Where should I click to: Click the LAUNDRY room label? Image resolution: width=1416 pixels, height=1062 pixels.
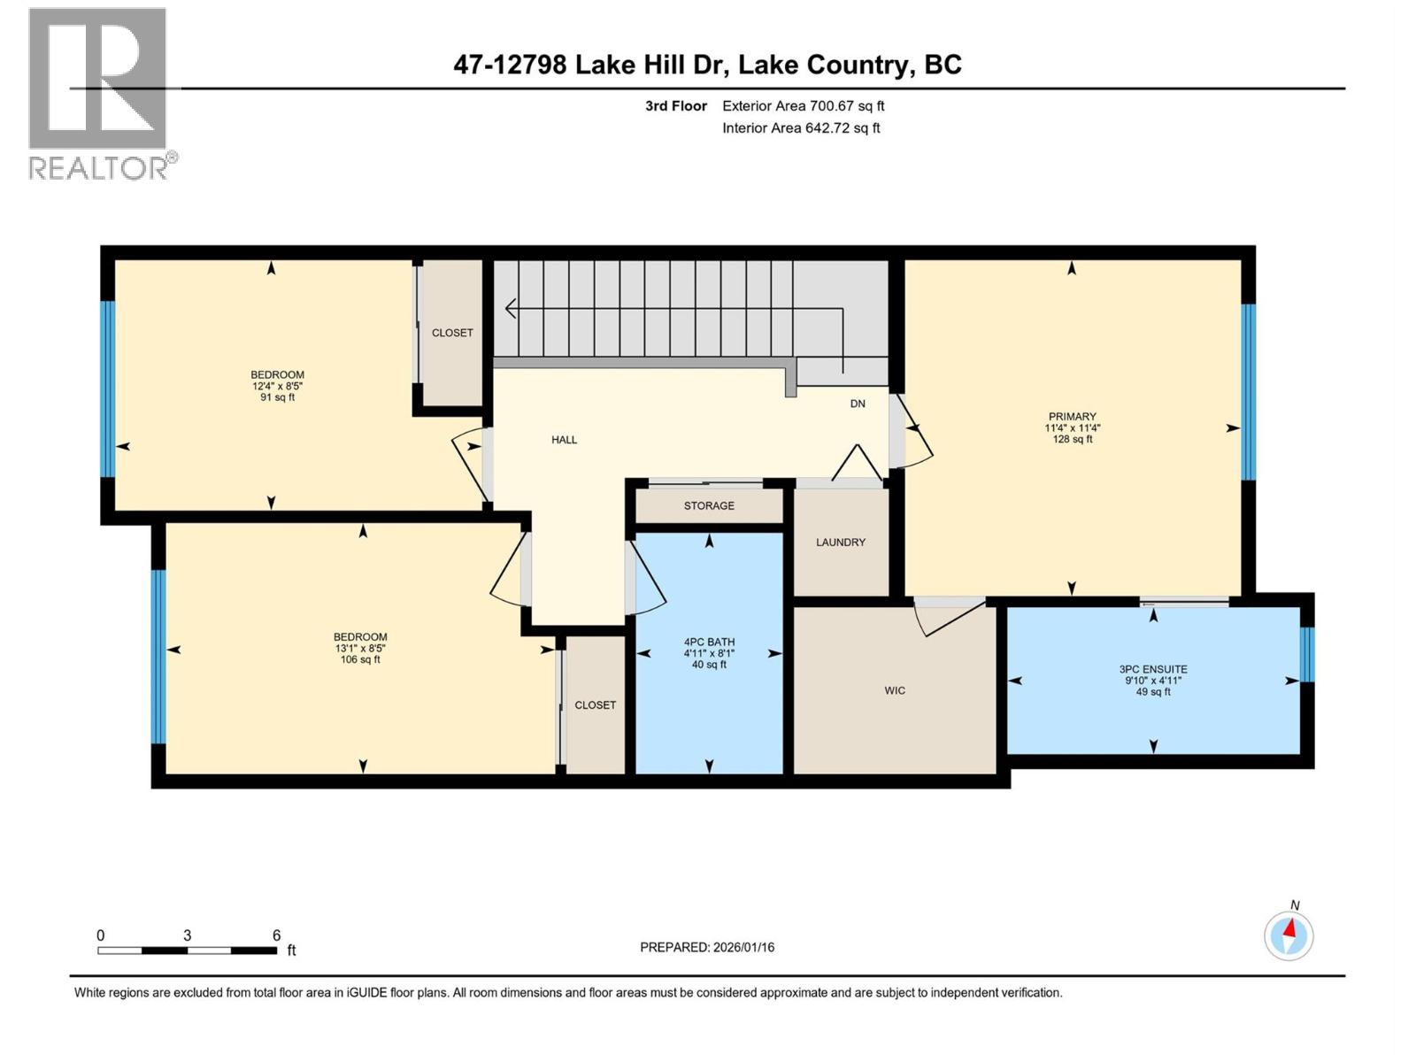tap(840, 542)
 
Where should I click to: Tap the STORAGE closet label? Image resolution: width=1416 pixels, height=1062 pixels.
tap(708, 505)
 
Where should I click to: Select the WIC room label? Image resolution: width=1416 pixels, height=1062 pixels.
tap(894, 690)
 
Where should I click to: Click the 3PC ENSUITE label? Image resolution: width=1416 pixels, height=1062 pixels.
tap(1152, 670)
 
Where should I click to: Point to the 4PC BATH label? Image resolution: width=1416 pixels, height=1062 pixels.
tap(709, 643)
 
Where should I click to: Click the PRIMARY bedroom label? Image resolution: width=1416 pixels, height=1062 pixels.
tap(1072, 417)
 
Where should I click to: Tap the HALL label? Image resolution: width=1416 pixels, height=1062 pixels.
tap(564, 440)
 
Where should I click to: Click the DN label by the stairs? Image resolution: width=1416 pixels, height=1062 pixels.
tap(857, 404)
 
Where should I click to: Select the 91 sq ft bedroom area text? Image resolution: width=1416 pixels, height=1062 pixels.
tap(277, 397)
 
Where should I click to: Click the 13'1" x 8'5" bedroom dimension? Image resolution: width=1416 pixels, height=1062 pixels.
tap(360, 648)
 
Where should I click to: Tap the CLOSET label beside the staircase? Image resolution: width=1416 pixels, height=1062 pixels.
tap(452, 333)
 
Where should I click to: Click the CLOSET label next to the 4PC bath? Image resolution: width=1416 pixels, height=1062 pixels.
tap(595, 705)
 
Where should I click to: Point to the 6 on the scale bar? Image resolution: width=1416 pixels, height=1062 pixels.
tap(276, 935)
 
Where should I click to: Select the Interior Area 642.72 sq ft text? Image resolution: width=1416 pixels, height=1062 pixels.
tap(801, 127)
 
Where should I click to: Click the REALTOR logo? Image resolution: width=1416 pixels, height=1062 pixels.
tap(98, 93)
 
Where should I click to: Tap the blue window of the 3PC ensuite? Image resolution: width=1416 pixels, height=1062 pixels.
tap(1306, 654)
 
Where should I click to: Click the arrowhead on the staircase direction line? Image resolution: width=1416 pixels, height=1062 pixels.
tap(510, 308)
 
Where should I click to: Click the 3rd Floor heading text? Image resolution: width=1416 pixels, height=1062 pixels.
tap(675, 106)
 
